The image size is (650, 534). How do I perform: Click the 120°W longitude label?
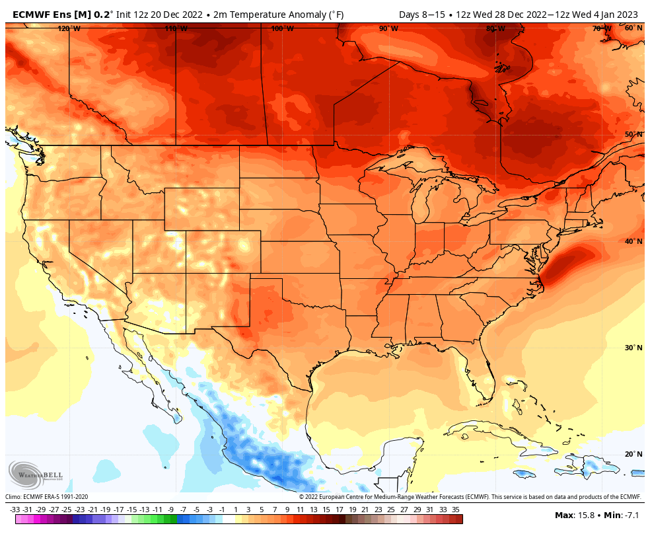pos(69,28)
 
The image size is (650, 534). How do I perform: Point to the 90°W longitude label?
pos(388,28)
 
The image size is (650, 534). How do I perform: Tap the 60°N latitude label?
pos(633,28)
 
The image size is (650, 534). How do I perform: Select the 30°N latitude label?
pos(633,348)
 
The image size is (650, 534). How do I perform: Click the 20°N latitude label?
pos(633,454)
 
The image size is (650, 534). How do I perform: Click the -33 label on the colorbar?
pos(15,510)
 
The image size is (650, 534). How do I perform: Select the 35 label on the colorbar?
pos(456,510)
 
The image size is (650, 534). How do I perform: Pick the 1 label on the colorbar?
pos(235,510)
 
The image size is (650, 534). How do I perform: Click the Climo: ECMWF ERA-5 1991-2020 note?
pos(46,497)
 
